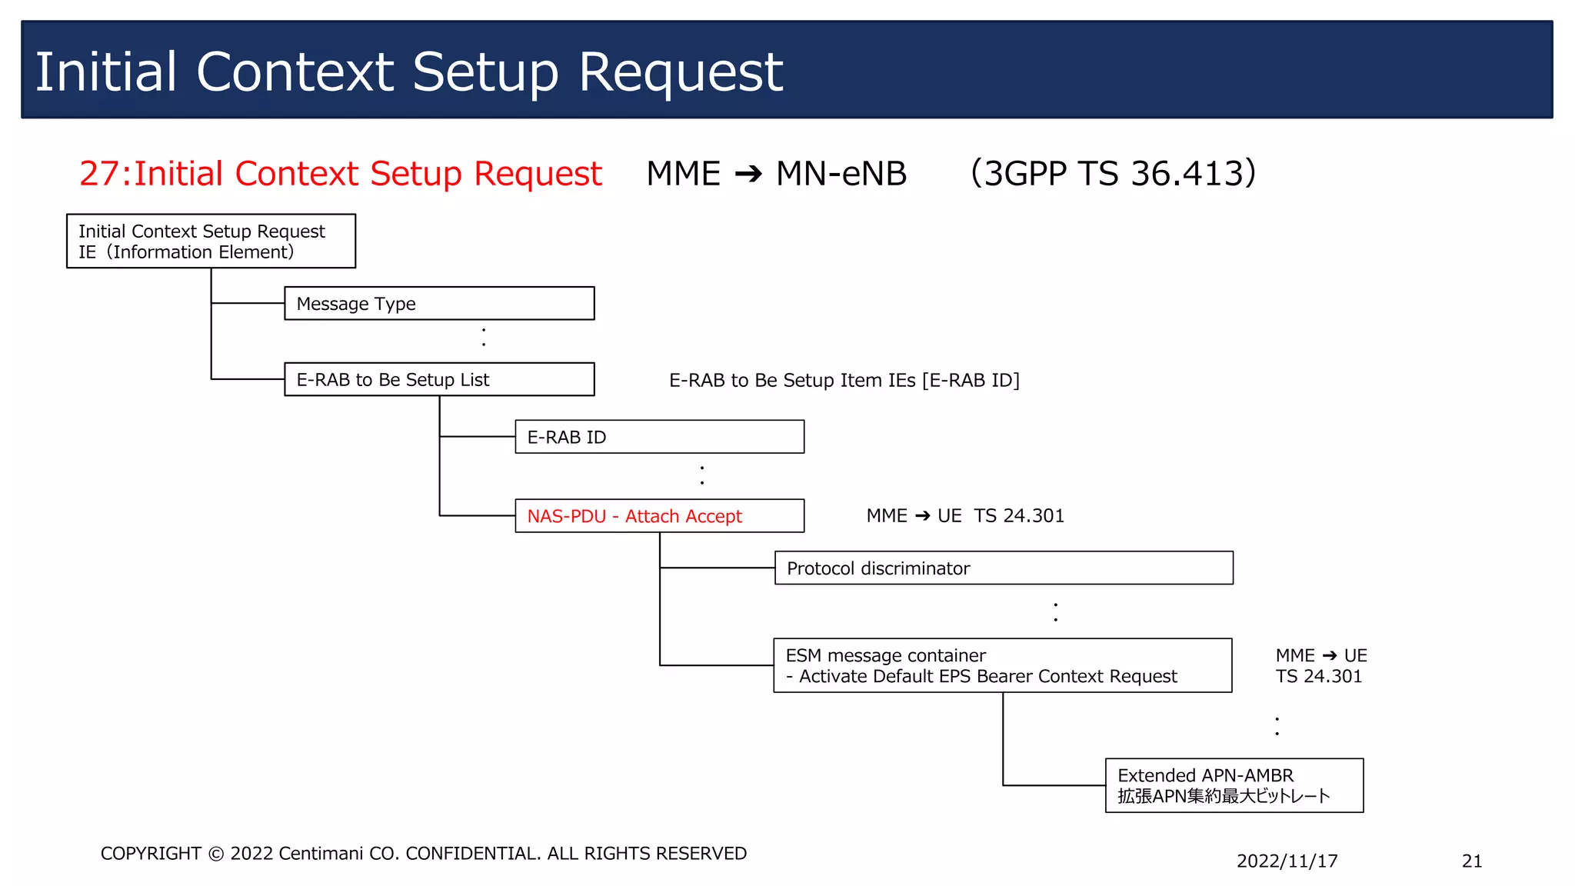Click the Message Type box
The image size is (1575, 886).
pyautogui.click(x=439, y=303)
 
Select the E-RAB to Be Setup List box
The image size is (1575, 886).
pyautogui.click(x=439, y=379)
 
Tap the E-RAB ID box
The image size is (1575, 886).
pyautogui.click(x=659, y=437)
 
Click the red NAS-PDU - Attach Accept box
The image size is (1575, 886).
pyautogui.click(x=659, y=516)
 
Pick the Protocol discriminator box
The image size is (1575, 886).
pyautogui.click(x=1004, y=568)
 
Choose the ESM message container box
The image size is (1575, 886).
pyautogui.click(x=1002, y=665)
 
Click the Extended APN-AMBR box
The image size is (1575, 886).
pyautogui.click(x=1234, y=785)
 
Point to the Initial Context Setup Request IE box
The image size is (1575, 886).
pyautogui.click(x=211, y=241)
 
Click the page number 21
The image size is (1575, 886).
pyautogui.click(x=1471, y=861)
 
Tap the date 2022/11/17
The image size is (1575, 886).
pyautogui.click(x=1287, y=861)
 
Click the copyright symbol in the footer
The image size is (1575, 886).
pyautogui.click(x=216, y=854)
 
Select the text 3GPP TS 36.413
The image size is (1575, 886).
pyautogui.click(x=1113, y=173)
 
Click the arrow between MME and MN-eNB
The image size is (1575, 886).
pyautogui.click(x=748, y=174)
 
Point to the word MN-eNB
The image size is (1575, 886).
pyautogui.click(x=841, y=174)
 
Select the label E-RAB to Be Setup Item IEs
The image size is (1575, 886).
pyautogui.click(x=792, y=380)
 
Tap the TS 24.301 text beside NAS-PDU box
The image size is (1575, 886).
pyautogui.click(x=1019, y=516)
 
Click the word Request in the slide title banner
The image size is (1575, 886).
pyautogui.click(x=680, y=72)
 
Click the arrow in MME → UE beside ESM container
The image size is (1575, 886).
pyautogui.click(x=1330, y=655)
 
